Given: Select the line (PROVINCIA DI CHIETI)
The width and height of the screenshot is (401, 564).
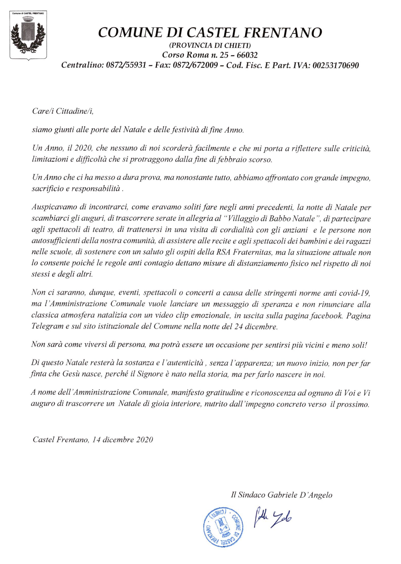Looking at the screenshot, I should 210,46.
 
